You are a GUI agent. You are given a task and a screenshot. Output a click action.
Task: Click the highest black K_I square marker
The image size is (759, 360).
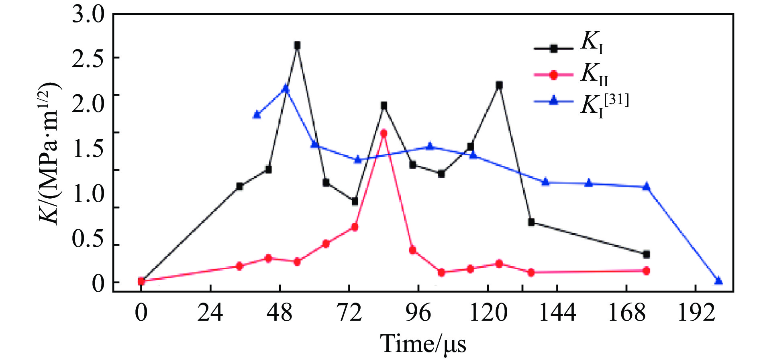pos(297,46)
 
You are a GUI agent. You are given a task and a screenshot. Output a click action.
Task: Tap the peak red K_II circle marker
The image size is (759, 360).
pos(384,133)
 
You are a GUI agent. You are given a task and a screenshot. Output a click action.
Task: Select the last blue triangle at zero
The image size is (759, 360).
pos(718,281)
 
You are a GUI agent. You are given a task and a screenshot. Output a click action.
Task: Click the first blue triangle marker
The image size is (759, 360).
pos(257,115)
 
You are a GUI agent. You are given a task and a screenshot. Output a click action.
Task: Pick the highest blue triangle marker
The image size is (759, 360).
pos(286,88)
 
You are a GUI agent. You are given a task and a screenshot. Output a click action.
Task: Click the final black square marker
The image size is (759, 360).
pos(646,254)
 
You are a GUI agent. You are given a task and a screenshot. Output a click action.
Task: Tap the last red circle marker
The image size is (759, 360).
pos(646,271)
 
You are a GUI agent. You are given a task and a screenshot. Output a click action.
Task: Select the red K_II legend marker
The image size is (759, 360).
pos(554,75)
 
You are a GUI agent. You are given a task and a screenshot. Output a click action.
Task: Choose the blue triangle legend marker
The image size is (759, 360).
pos(554,101)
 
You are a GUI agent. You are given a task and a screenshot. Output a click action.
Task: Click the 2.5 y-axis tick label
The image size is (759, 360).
pos(88,58)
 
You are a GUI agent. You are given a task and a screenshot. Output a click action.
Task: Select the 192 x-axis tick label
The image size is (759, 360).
pos(696,313)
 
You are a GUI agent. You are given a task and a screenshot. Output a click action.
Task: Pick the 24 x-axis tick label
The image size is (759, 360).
pos(210,313)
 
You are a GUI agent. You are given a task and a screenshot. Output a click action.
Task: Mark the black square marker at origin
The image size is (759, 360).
pos(141,281)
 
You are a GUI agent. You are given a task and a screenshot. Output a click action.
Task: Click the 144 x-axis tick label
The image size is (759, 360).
pos(557,313)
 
